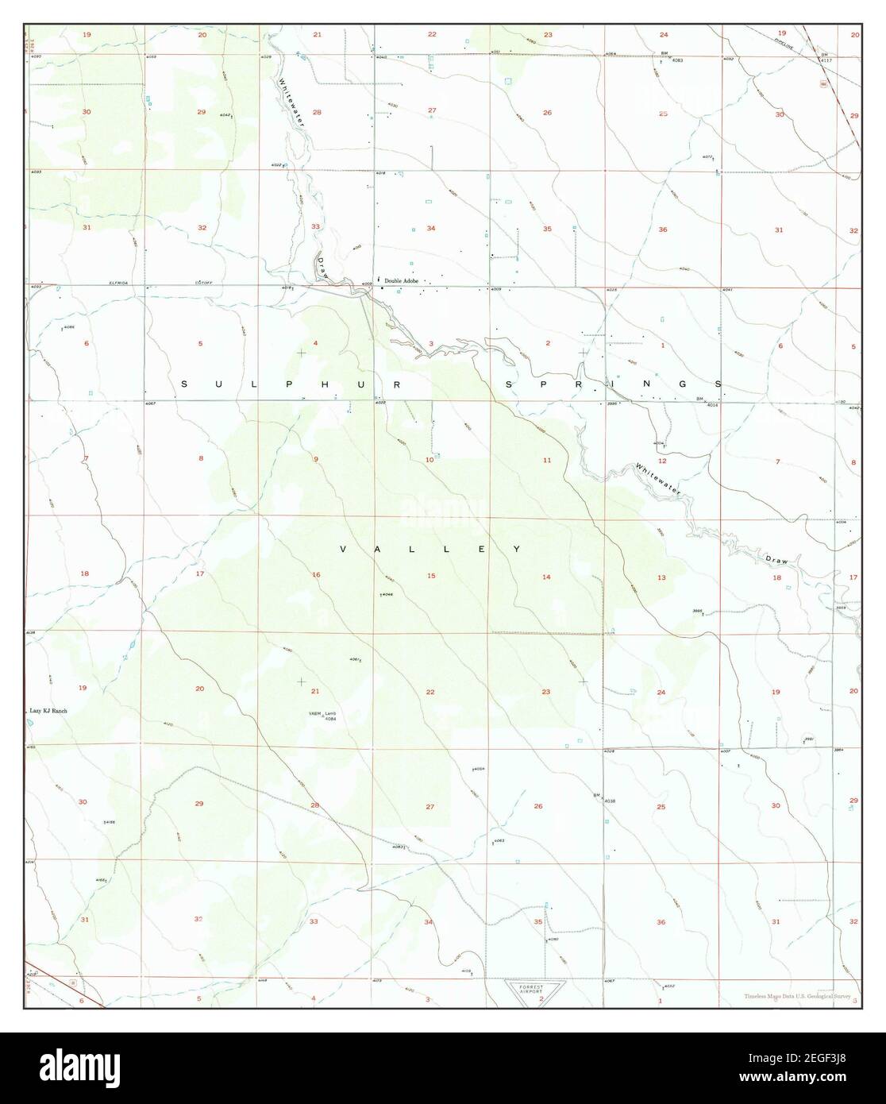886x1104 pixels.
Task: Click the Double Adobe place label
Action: point(403,281)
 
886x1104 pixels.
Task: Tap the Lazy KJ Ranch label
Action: point(45,711)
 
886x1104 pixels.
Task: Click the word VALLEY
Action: point(430,549)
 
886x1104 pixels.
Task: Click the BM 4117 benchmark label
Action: point(825,57)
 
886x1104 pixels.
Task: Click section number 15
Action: point(431,575)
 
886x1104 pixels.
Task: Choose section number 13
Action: point(661,577)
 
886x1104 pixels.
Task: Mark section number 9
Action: point(315,459)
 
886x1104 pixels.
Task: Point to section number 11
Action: point(546,461)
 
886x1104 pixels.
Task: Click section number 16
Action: point(316,574)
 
